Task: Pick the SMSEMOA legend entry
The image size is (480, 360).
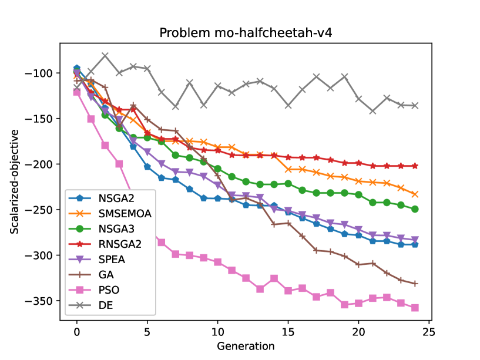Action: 123,214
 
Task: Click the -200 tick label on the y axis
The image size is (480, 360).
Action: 43,164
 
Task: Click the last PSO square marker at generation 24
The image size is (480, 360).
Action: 415,308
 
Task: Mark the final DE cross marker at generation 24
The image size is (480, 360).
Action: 415,106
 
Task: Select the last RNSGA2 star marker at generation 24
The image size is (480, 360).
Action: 415,166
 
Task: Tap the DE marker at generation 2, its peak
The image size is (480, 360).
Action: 105,56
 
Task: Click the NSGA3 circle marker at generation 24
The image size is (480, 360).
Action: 415,209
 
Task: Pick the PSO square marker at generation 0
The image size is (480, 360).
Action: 77,92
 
